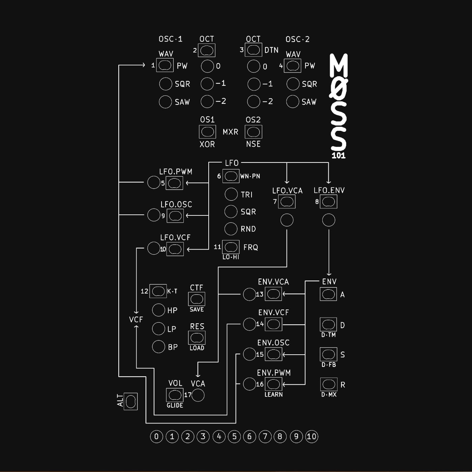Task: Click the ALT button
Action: point(130,401)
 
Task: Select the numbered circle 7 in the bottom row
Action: point(265,437)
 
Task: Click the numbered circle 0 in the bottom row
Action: point(156,437)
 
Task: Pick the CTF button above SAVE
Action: point(197,299)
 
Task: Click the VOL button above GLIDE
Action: point(175,395)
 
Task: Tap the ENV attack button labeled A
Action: point(328,294)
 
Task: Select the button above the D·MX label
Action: point(328,384)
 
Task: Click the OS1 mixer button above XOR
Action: point(207,131)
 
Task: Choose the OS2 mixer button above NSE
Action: point(254,131)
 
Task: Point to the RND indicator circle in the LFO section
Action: point(231,229)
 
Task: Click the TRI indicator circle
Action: point(231,194)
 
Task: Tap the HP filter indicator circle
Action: point(158,310)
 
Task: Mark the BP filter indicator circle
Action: point(158,347)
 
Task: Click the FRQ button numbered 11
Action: point(231,247)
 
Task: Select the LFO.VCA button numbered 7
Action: point(287,202)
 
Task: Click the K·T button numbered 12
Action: point(158,291)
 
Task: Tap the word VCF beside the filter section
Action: point(136,319)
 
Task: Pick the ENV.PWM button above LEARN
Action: point(273,384)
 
